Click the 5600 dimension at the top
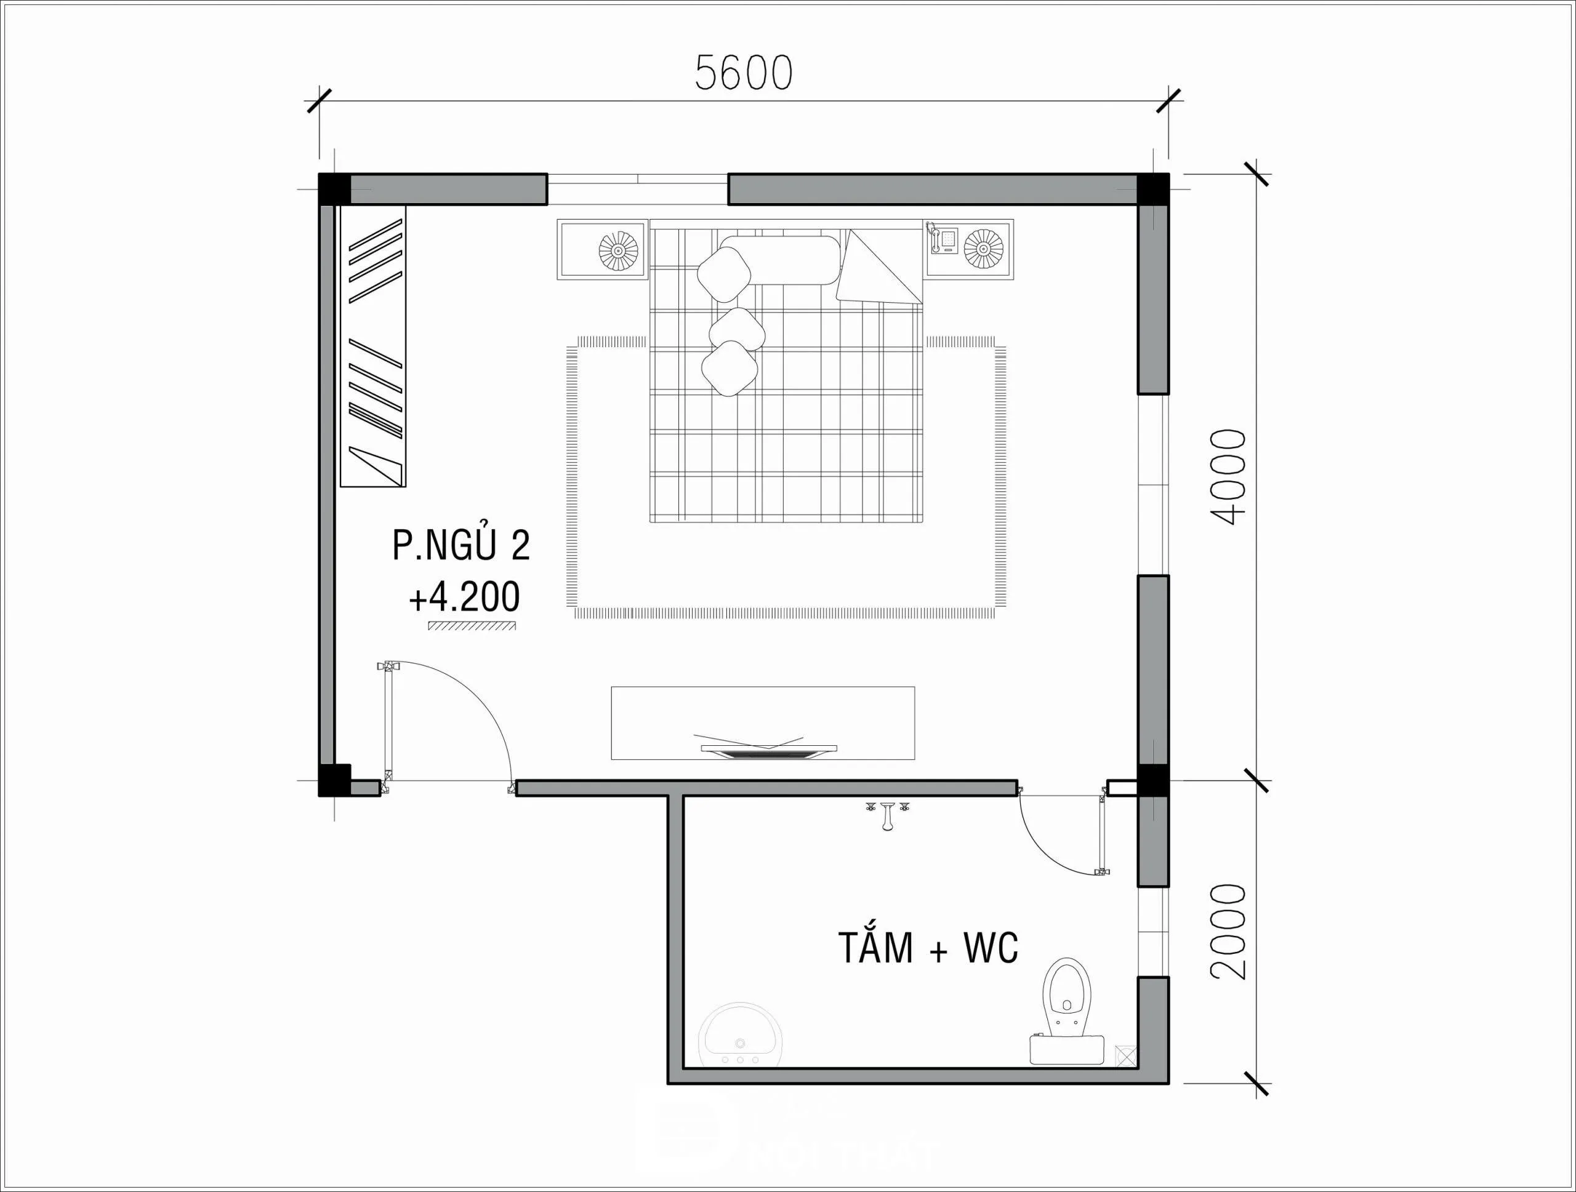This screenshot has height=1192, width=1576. coord(743,73)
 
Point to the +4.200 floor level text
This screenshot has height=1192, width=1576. coord(464,598)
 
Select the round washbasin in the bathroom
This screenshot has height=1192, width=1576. coord(741,1042)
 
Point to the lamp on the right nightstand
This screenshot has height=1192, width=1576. coord(983,249)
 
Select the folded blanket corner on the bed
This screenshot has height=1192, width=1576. coord(880,269)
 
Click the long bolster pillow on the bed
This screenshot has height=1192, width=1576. coord(780,260)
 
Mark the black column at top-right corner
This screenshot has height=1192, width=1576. coord(1152,189)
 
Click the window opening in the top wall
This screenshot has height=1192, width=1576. coord(637,189)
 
